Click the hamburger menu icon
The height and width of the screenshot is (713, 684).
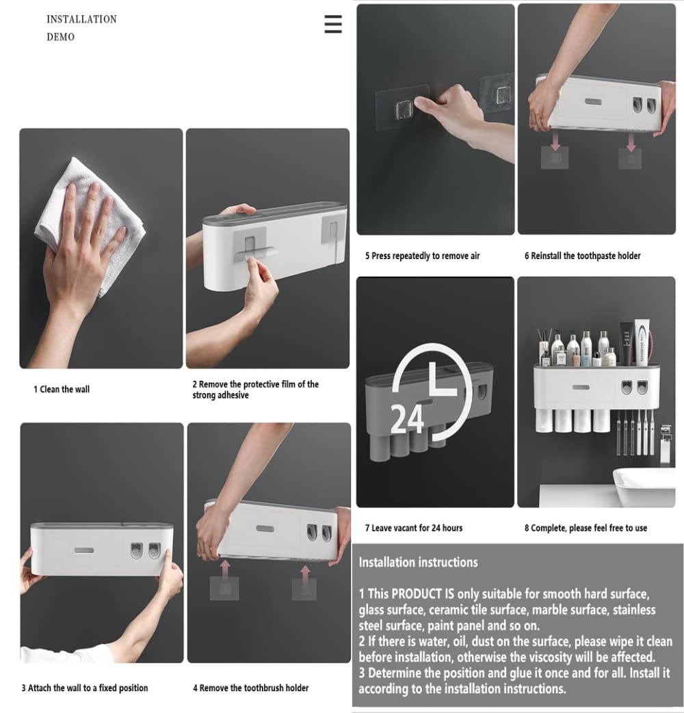point(333,24)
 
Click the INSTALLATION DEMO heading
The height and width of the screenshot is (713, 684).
point(81,28)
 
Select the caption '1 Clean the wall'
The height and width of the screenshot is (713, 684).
point(62,390)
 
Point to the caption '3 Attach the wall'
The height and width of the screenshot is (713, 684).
point(84,688)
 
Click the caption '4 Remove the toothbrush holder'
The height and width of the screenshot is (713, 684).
point(250,688)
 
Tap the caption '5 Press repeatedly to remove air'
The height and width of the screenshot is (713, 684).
point(422,256)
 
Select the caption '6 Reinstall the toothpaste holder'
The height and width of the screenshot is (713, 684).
point(582,256)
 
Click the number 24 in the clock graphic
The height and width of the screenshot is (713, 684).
point(408,418)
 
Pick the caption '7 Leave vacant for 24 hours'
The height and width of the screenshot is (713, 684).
point(413,528)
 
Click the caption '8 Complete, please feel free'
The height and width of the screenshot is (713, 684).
point(586,528)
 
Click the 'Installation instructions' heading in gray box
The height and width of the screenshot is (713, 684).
point(418,563)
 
